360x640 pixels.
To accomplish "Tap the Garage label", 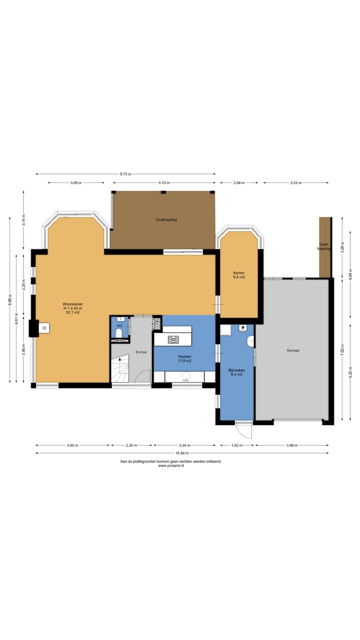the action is [293, 350].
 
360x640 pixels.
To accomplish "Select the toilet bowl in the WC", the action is [119, 333].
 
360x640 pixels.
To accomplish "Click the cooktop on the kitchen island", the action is [173, 339].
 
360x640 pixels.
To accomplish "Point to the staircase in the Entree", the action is [120, 368].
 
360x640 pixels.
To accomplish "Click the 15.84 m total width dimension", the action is [182, 453].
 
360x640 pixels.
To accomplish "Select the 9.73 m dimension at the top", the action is [125, 173].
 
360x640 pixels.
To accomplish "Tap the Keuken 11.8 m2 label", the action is [184, 358].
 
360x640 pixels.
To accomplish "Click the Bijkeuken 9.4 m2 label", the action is [236, 372].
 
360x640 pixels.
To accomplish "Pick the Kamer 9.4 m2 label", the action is [239, 275].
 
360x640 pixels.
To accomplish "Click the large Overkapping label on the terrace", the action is [166, 219].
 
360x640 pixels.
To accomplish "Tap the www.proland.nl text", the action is [171, 465].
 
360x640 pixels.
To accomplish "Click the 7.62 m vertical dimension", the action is [342, 350].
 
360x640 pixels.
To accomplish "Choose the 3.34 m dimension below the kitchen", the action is [184, 445].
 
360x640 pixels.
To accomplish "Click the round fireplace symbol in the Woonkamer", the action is [44, 328].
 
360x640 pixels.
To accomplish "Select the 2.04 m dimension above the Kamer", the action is [239, 182].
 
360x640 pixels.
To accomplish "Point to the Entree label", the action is [141, 352].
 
